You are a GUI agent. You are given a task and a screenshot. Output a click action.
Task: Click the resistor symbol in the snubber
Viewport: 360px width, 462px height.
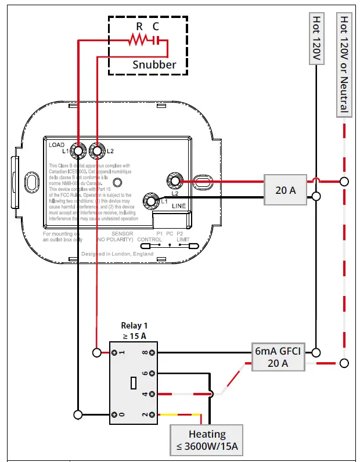pos(139,40)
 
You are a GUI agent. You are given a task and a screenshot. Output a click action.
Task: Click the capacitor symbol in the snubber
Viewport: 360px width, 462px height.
pos(155,40)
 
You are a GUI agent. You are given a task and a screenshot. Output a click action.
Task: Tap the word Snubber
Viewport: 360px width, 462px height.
pos(154,64)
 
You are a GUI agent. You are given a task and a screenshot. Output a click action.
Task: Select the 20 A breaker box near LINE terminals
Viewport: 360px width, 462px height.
pos(285,189)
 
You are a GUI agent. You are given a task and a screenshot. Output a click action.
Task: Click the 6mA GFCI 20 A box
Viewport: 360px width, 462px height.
pos(278,357)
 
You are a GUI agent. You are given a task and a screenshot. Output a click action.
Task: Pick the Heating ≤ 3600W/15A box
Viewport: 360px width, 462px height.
pos(207,439)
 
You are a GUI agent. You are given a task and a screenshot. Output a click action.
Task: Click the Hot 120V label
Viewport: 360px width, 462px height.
pos(316,39)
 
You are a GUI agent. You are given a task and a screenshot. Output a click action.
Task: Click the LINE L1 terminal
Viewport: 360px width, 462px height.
pos(152,201)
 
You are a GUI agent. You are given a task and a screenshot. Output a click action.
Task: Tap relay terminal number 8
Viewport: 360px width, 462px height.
pos(152,352)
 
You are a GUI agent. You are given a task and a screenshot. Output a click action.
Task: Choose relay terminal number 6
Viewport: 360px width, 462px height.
pos(152,373)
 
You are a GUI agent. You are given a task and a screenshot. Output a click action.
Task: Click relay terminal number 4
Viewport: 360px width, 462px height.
pos(152,394)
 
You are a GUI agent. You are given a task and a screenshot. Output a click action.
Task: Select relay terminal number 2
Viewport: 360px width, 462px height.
pos(152,414)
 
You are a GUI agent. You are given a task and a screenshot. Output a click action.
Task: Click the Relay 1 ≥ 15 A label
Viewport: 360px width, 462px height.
pos(133,331)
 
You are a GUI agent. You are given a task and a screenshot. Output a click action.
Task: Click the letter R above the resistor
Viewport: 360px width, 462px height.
pos(139,26)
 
